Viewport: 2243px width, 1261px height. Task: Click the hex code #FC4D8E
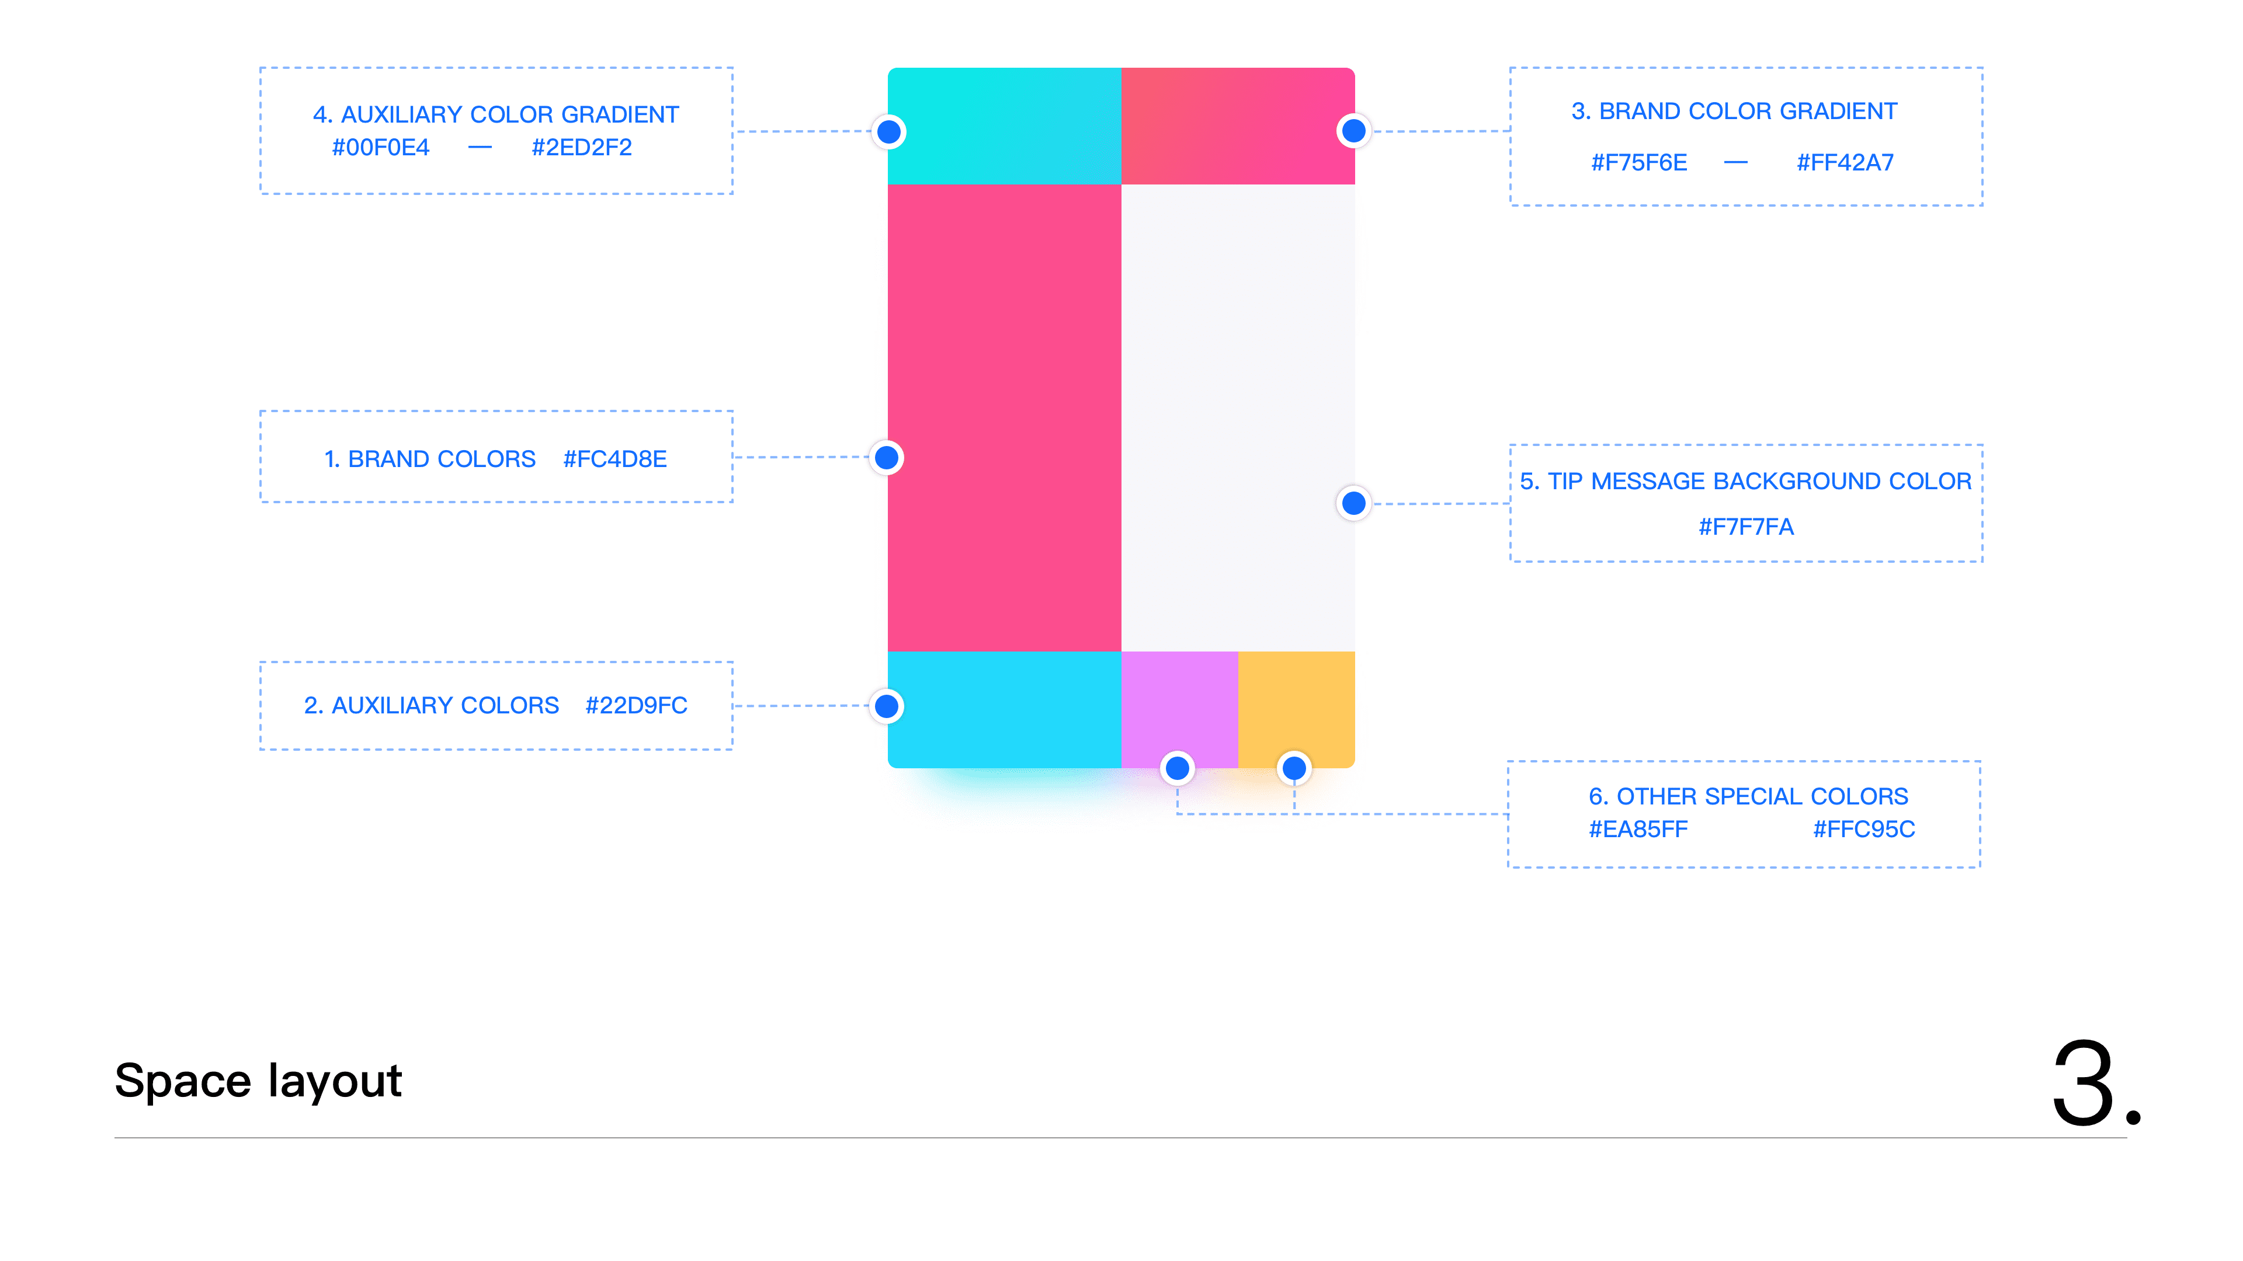[614, 459]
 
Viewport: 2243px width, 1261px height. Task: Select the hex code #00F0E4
[380, 147]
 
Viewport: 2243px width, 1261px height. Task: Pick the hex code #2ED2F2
[582, 147]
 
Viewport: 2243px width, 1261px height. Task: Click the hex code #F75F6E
[1638, 163]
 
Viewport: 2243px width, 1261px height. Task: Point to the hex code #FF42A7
[1845, 163]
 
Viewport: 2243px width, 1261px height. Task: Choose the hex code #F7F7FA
[1746, 527]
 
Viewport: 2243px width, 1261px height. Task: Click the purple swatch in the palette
[1179, 701]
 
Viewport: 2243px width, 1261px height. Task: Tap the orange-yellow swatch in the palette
[1296, 701]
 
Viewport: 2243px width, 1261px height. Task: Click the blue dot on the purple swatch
[1177, 768]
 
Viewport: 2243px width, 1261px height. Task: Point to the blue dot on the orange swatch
[1294, 768]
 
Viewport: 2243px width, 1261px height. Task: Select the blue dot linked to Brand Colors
[887, 458]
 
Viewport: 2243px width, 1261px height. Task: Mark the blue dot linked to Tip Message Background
[1353, 503]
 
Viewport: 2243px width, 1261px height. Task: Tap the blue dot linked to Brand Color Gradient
[1353, 131]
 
